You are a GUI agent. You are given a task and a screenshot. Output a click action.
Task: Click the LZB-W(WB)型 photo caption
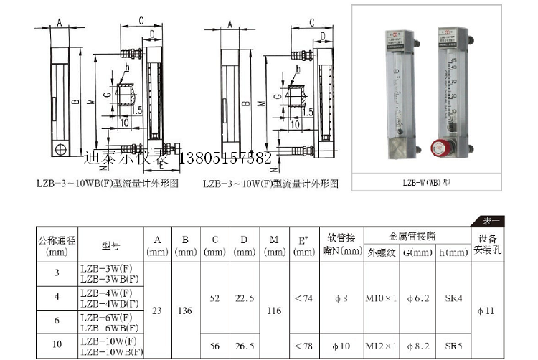tap(427, 182)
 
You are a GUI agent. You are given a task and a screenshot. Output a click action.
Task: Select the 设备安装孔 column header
tap(489, 244)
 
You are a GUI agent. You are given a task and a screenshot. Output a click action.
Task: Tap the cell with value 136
tap(184, 310)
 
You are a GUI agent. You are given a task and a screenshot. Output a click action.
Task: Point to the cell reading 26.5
tap(244, 345)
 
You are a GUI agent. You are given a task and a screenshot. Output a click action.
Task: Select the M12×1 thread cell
tap(381, 345)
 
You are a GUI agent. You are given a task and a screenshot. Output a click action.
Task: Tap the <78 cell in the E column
tap(304, 345)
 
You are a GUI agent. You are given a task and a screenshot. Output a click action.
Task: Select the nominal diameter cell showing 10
tap(57, 344)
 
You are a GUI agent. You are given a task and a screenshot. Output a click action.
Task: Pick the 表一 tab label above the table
tap(490, 221)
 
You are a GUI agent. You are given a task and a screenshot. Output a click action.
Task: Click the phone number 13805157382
tap(229, 158)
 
